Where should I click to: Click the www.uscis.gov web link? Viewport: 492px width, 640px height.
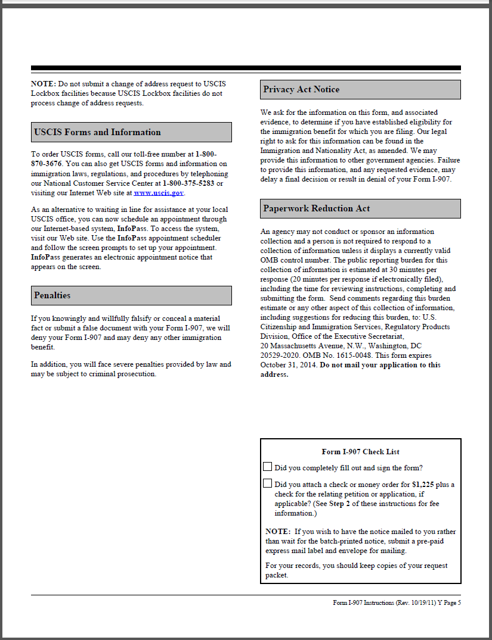(x=159, y=193)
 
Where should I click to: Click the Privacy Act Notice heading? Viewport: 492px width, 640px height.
(x=301, y=89)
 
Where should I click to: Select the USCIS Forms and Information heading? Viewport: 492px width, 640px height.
(x=97, y=132)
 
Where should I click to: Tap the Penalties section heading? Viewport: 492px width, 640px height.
(x=52, y=295)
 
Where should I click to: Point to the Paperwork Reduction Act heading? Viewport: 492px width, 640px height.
(x=317, y=208)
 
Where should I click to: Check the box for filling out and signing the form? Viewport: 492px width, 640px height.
(x=268, y=467)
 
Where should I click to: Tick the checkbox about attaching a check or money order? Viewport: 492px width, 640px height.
(x=268, y=484)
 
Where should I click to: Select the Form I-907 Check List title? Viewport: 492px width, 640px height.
(x=360, y=452)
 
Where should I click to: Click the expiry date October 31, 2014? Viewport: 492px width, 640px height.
(x=289, y=365)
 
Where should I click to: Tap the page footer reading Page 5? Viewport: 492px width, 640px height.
(x=451, y=602)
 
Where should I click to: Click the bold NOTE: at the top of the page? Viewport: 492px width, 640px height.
(x=44, y=84)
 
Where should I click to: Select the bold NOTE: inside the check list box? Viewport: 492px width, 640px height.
(x=278, y=532)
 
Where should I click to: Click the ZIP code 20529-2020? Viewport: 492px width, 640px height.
(x=280, y=355)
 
